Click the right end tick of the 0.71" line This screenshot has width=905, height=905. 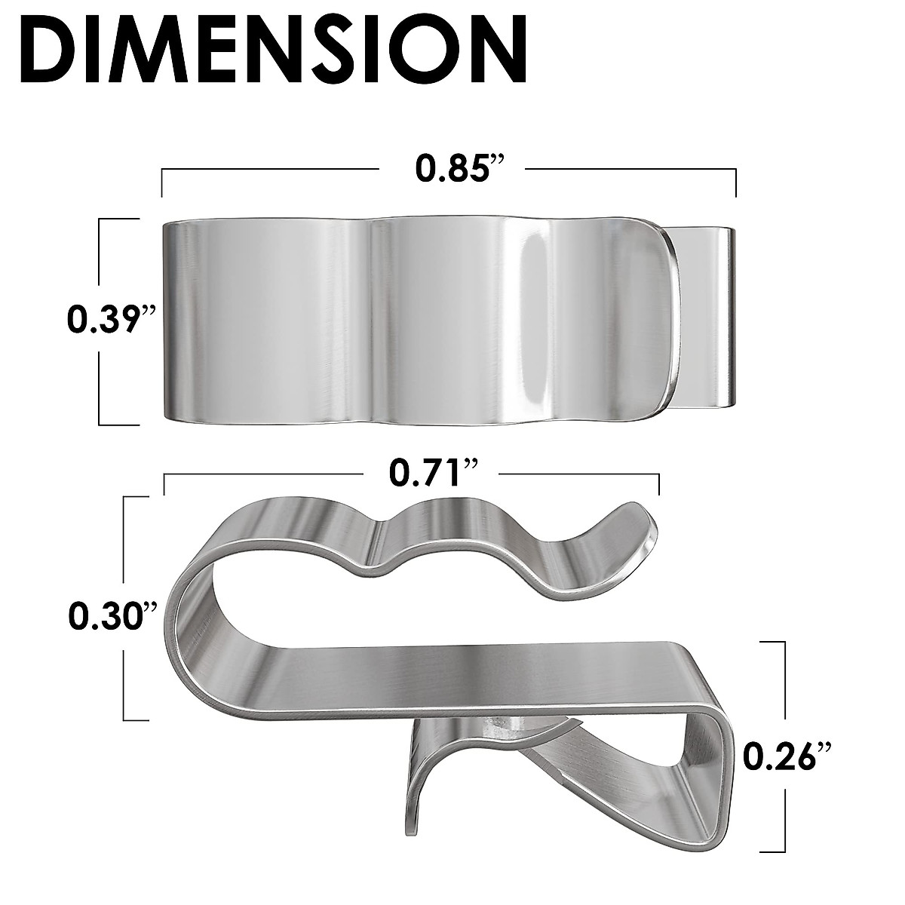click(x=659, y=483)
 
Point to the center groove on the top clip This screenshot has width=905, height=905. click(x=371, y=321)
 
